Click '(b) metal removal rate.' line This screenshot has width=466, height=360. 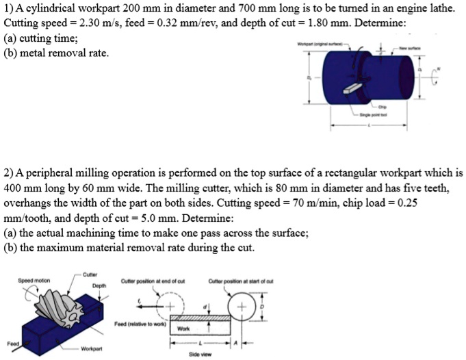point(57,53)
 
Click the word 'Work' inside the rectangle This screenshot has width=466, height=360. point(183,328)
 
